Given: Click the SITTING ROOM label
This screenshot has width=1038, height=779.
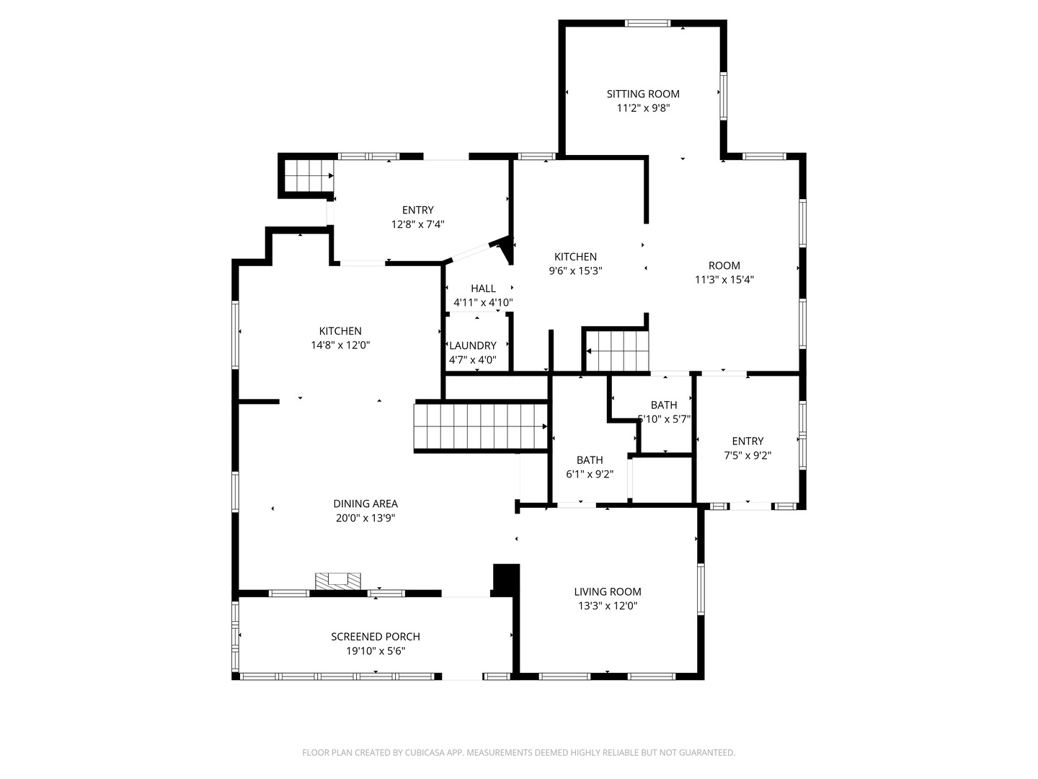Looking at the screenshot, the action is click(643, 94).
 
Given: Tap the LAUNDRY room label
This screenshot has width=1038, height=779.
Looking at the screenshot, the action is click(472, 346).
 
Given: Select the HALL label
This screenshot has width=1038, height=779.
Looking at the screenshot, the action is click(483, 288).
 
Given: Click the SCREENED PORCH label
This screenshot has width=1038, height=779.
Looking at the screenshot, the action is click(376, 637).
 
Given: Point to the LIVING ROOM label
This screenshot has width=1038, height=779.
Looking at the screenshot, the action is click(608, 591).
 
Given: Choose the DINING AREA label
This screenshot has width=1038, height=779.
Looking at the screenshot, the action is click(365, 503).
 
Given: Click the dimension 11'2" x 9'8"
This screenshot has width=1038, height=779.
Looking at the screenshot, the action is click(643, 108).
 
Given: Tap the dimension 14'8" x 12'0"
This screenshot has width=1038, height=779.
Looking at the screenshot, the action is click(340, 345).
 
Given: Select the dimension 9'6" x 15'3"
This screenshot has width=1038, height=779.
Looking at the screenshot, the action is click(575, 270).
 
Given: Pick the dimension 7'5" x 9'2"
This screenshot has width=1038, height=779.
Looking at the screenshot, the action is click(748, 455).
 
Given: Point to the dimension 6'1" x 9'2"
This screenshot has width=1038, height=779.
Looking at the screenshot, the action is click(590, 473).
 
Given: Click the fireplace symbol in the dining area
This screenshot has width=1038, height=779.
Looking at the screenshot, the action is click(337, 581).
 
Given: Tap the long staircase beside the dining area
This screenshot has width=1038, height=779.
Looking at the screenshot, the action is click(481, 426).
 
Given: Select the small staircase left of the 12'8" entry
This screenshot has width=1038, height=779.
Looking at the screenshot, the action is click(309, 175).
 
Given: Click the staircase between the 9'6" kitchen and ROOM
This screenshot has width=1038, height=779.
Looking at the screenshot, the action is click(616, 351).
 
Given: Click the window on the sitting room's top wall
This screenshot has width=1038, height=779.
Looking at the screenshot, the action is click(647, 23).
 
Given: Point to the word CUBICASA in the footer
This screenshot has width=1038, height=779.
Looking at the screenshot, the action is click(425, 752).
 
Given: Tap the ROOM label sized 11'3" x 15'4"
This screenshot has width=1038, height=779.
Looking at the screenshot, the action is click(724, 265).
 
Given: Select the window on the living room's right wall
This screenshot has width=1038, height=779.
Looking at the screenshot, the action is click(701, 589).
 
